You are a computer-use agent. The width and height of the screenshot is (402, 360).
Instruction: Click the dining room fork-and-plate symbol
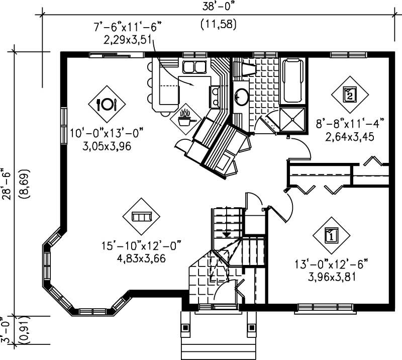point(106,104)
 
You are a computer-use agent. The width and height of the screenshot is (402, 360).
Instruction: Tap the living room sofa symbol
point(141,216)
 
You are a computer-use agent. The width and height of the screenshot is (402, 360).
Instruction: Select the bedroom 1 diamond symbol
point(331,234)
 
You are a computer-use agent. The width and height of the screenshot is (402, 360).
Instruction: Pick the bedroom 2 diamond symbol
point(350,94)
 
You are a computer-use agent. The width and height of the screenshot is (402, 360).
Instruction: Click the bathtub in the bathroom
point(293,80)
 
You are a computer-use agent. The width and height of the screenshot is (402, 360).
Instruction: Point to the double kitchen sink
point(192,67)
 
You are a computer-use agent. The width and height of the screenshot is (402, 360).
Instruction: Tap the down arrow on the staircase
point(227,234)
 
